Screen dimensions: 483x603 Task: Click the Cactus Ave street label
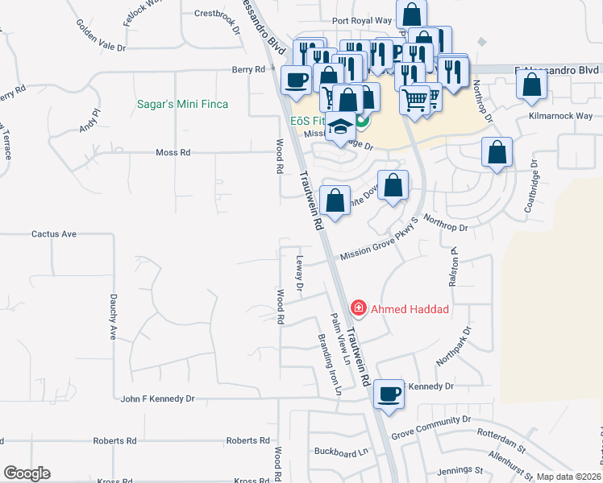(53, 234)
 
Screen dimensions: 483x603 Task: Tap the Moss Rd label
(173, 152)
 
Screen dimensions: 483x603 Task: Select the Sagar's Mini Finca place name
(182, 105)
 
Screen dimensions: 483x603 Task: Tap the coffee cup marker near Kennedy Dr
(389, 394)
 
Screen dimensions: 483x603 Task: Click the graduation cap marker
(341, 127)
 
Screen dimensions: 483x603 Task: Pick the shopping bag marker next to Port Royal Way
(412, 15)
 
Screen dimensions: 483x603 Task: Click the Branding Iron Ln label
(331, 365)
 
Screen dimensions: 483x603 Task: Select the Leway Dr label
(300, 274)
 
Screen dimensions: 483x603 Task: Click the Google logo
(27, 473)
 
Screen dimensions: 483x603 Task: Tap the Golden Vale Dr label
(102, 36)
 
